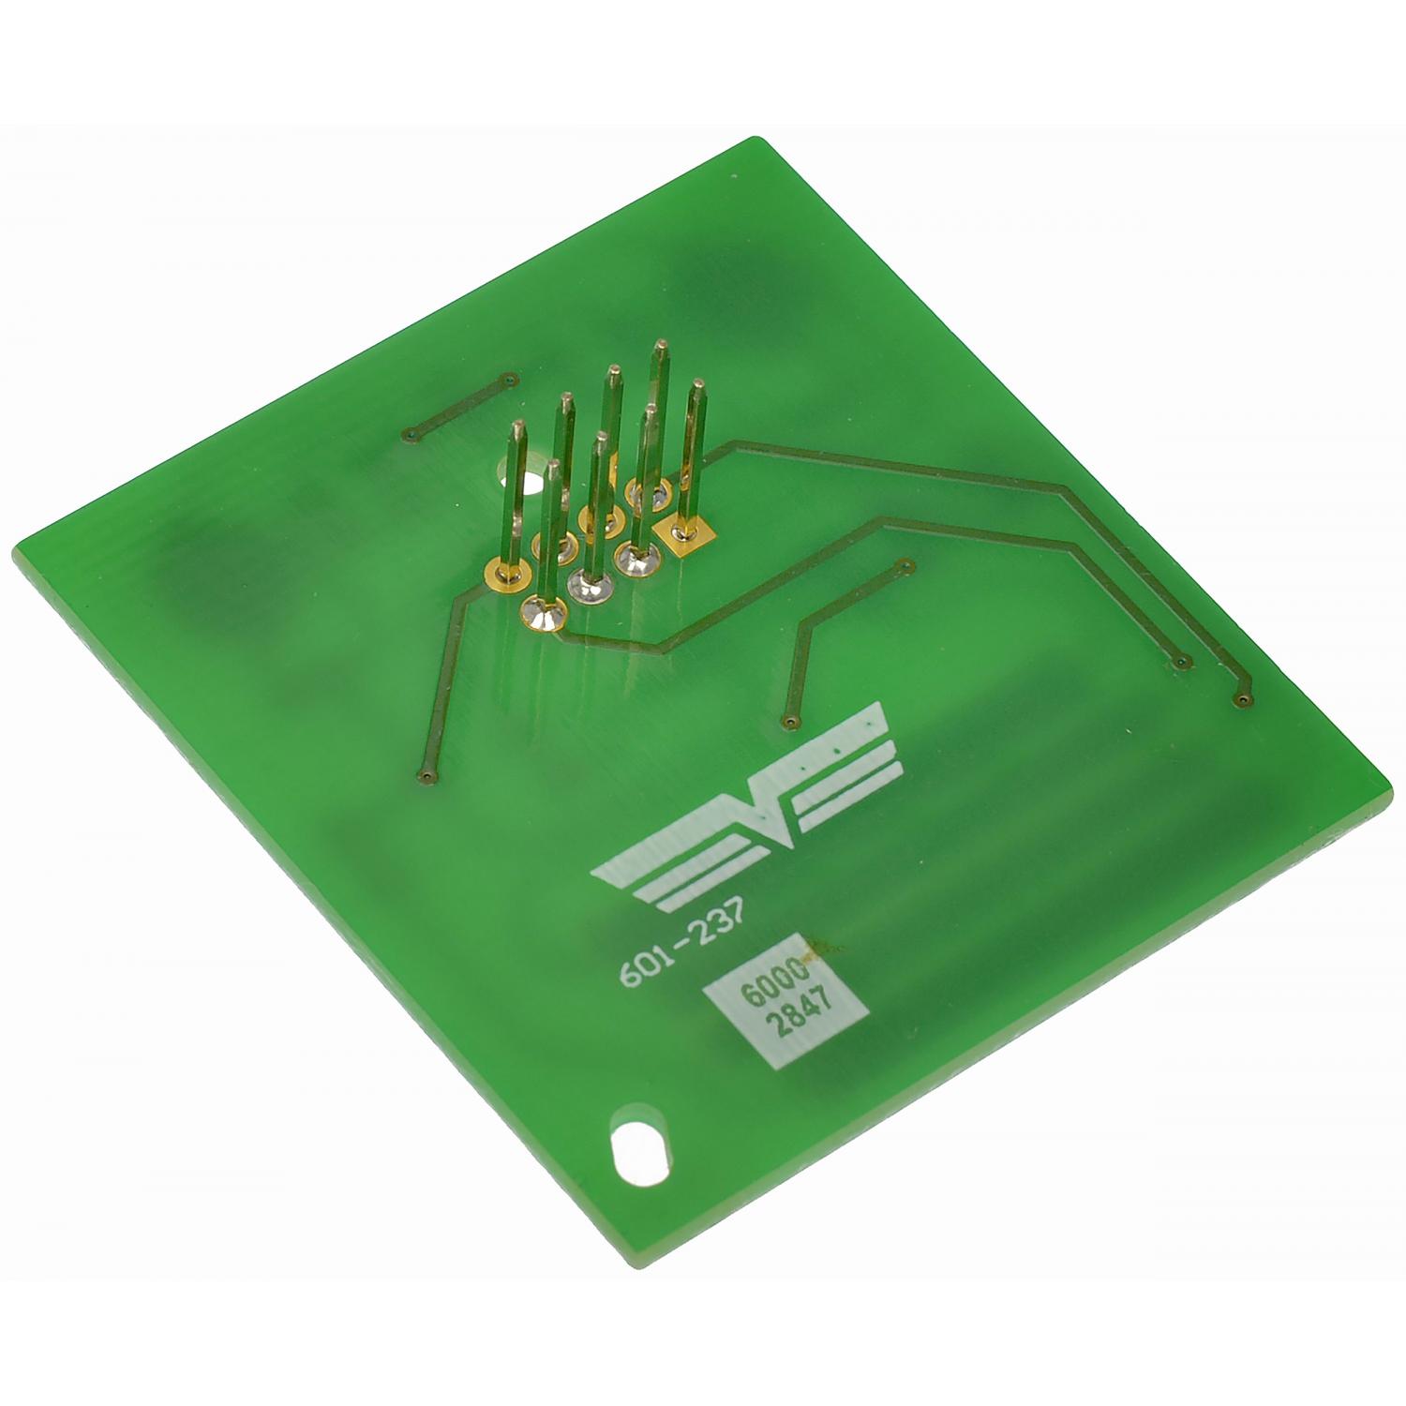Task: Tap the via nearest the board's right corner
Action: pyautogui.click(x=1242, y=699)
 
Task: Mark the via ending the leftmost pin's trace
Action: pyautogui.click(x=426, y=776)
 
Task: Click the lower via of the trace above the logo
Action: pyautogui.click(x=789, y=723)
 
